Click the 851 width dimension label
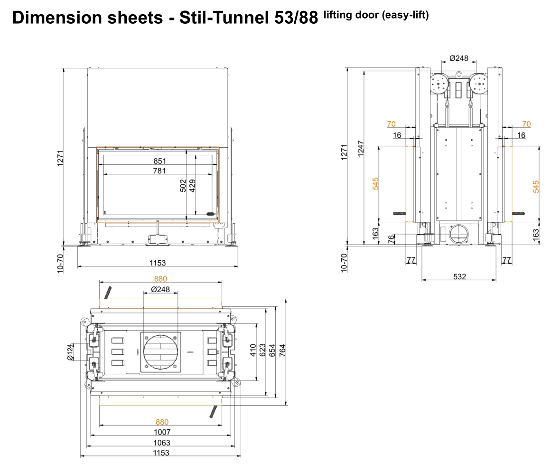(159, 161)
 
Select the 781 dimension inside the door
(159, 171)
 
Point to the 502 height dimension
(183, 186)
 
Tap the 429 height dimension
(193, 186)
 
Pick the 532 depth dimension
(459, 276)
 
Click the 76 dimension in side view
(392, 239)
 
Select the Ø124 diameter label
(70, 352)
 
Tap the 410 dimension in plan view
(253, 351)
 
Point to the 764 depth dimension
(282, 351)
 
